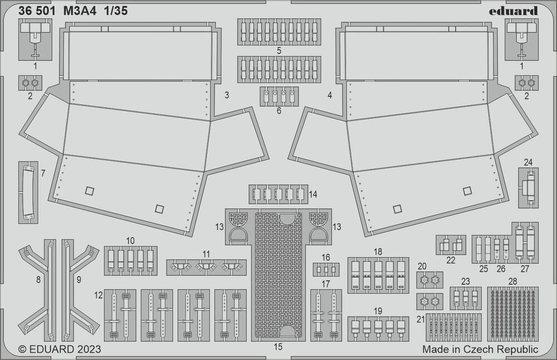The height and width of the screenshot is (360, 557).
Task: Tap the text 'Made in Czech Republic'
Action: (x=480, y=349)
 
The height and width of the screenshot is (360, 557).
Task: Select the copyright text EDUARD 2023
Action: (x=60, y=349)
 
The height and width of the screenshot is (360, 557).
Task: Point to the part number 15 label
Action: (x=278, y=347)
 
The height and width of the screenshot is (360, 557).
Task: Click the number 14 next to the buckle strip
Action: (x=314, y=194)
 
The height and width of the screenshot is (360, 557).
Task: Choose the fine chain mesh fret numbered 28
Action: (x=512, y=314)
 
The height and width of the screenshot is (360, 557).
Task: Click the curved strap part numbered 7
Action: (x=28, y=192)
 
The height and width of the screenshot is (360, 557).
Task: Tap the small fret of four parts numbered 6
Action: (x=278, y=96)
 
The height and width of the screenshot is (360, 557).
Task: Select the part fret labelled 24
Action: (x=528, y=188)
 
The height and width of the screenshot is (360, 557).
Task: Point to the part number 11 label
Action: (x=207, y=254)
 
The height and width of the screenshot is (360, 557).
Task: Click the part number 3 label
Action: (x=227, y=95)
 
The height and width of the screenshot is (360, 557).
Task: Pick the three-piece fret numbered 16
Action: (x=326, y=270)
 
